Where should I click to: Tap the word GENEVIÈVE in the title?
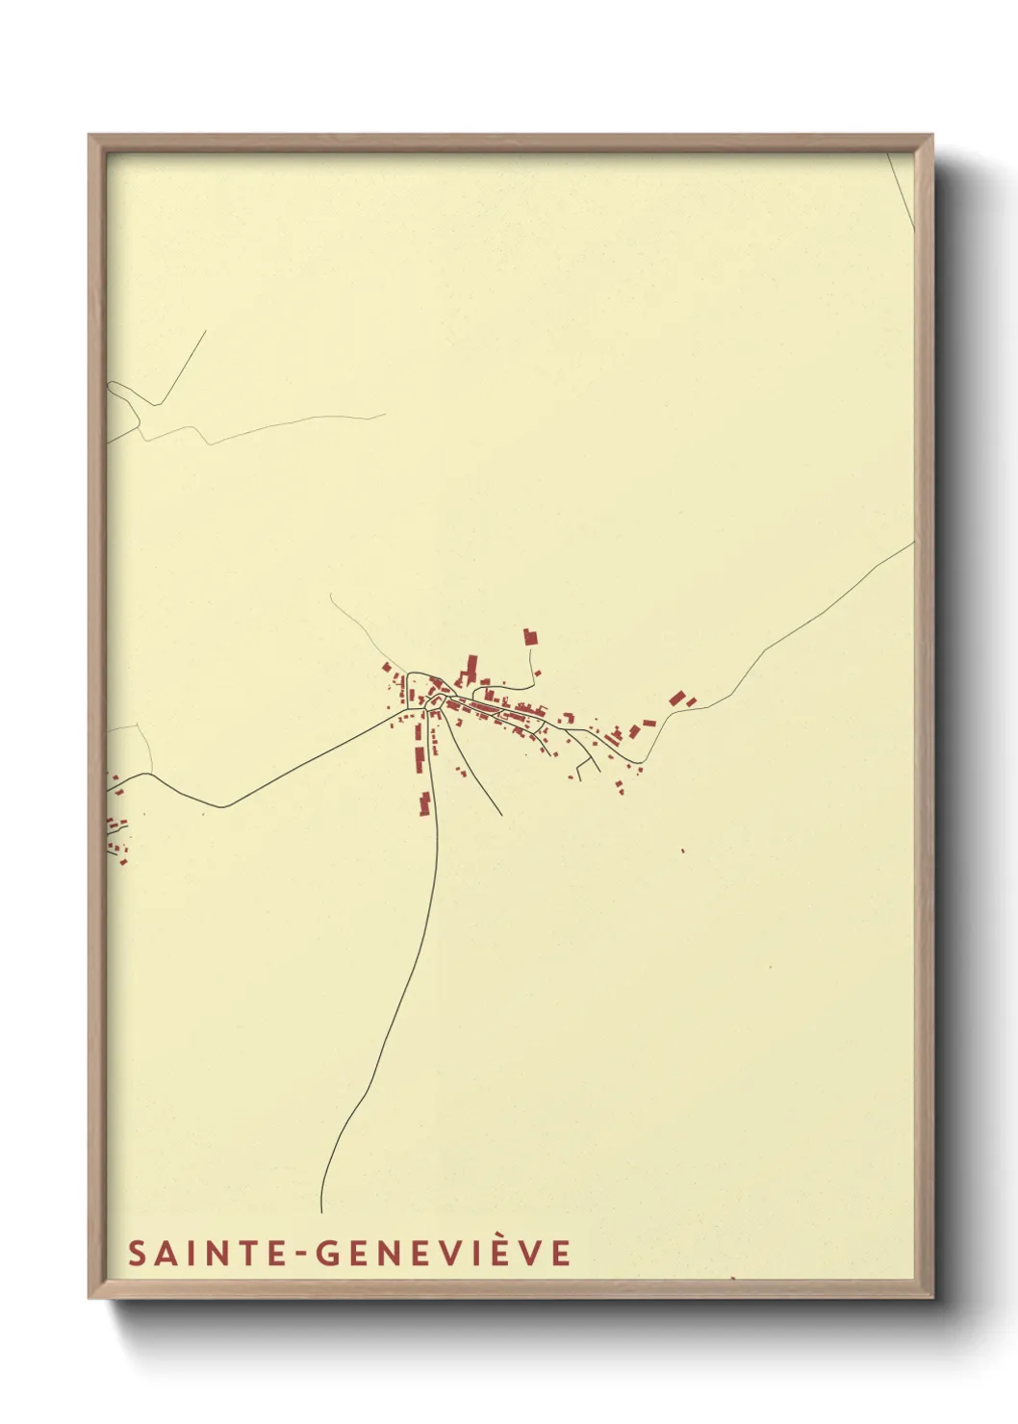click(x=444, y=1253)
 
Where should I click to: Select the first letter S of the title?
click(x=137, y=1253)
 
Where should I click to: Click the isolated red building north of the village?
click(x=529, y=636)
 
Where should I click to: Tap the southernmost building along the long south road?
click(x=424, y=803)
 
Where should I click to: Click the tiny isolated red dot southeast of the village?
click(x=682, y=851)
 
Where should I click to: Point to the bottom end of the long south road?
click(x=320, y=1209)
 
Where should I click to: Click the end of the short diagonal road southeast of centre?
click(x=501, y=815)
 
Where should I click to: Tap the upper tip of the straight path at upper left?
click(x=206, y=331)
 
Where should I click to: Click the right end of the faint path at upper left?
click(x=384, y=415)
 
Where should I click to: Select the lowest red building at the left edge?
click(x=124, y=862)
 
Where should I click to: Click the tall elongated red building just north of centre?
click(x=471, y=667)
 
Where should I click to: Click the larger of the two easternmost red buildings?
click(x=677, y=698)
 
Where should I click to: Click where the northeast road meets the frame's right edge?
click(x=913, y=543)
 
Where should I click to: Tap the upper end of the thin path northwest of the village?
click(x=330, y=594)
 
